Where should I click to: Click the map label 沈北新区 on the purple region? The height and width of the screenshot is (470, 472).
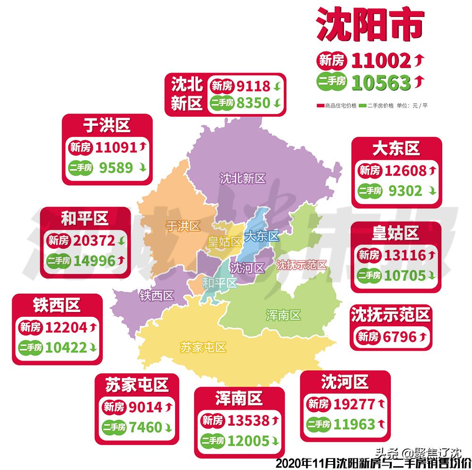tap(243, 178)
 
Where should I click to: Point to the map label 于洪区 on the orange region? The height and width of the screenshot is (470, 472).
tap(183, 226)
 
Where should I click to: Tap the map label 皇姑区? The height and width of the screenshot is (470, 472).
tap(225, 242)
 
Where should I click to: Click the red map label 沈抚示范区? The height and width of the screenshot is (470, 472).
tap(302, 265)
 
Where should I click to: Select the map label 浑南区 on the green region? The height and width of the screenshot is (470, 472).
tap(283, 315)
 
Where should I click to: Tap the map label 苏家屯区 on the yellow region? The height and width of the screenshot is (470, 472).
tap(203, 347)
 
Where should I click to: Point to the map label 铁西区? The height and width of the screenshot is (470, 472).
tap(157, 296)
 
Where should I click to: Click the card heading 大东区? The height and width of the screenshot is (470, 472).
tap(396, 148)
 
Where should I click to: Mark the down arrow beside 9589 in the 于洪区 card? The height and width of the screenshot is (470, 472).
tap(142, 168)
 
